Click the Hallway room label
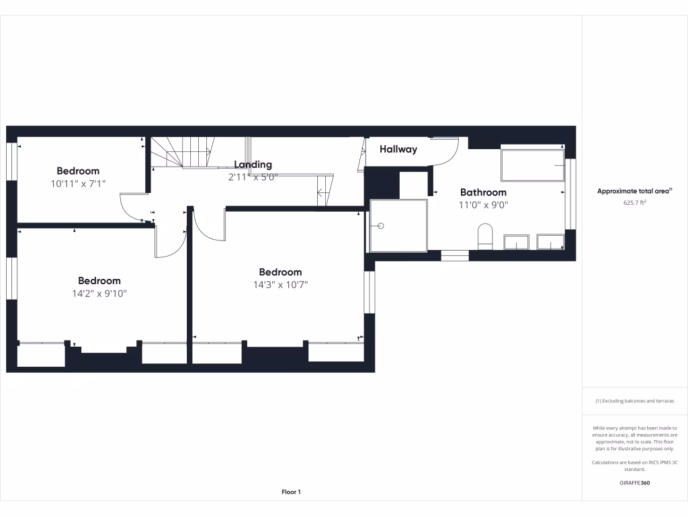pos(398,149)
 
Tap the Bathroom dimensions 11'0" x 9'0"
pos(483,205)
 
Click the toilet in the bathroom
pos(484,236)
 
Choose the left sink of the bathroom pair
pos(517,242)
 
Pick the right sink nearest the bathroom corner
pos(550,242)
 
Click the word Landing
pos(253,165)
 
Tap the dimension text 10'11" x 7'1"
pos(78,183)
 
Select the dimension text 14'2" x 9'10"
pos(99,293)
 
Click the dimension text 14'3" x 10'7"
pos(280,284)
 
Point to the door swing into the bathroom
pos(445,153)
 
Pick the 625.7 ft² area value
pos(634,202)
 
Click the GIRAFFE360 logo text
pos(634,483)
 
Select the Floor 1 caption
pos(291,492)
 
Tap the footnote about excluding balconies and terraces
pos(634,401)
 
